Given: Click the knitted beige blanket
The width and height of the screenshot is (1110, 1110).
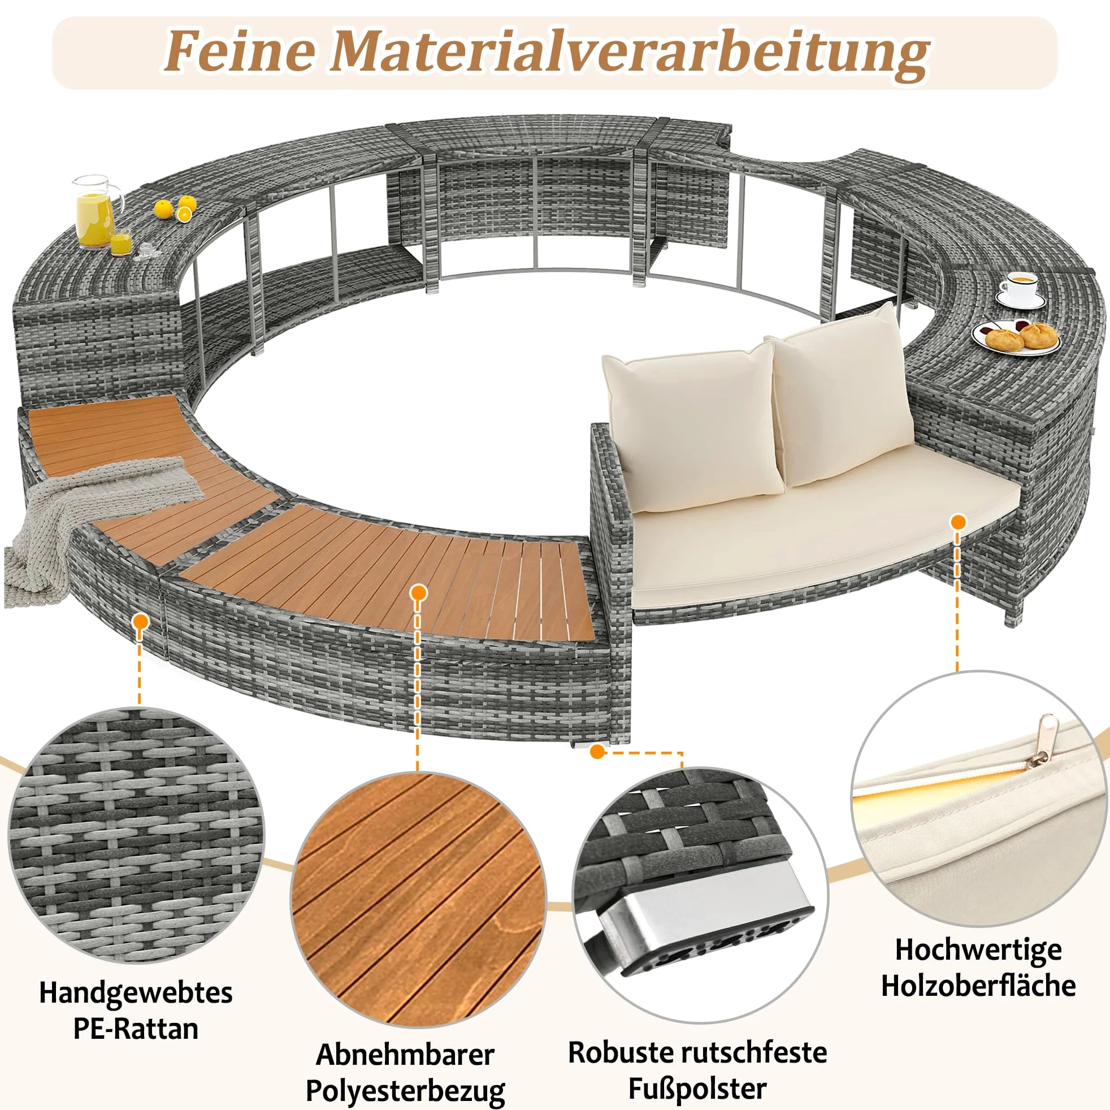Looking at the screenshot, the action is click(x=98, y=517).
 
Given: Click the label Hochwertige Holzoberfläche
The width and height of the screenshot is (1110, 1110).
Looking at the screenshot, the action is click(x=978, y=968).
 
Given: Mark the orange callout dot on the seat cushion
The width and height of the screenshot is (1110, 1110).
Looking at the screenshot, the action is click(x=958, y=522).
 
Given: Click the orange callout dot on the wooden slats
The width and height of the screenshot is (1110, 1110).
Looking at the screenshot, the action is click(x=419, y=592).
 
